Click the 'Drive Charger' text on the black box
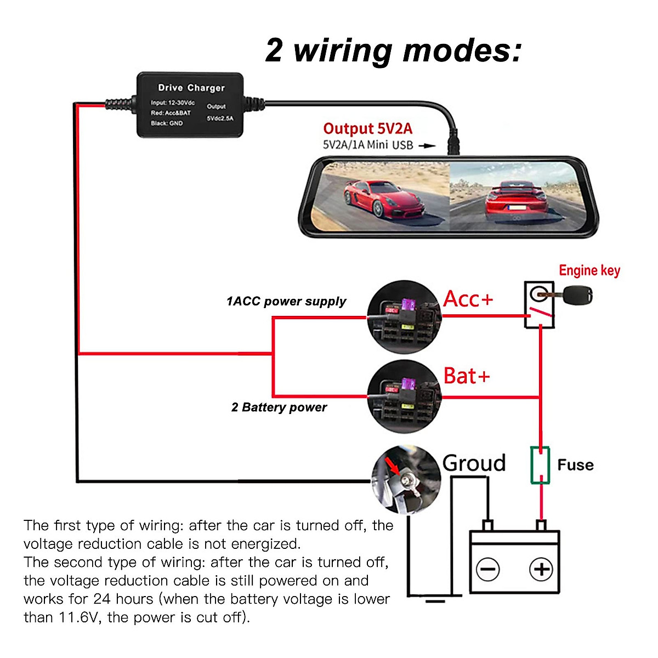(x=191, y=88)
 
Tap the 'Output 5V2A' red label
(x=368, y=129)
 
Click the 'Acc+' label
(x=468, y=299)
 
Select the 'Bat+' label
(x=467, y=376)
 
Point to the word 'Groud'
(x=474, y=463)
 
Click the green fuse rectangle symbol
(x=540, y=465)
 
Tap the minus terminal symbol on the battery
(x=487, y=569)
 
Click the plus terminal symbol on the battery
(x=541, y=569)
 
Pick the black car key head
(x=577, y=296)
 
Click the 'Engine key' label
(x=589, y=271)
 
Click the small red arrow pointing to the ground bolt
(x=393, y=467)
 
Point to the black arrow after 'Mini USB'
(x=427, y=146)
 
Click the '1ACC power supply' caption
(x=286, y=302)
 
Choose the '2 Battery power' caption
(x=279, y=407)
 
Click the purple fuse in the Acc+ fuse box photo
(x=408, y=304)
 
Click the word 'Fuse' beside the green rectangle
(x=575, y=465)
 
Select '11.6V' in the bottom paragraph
(x=78, y=617)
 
